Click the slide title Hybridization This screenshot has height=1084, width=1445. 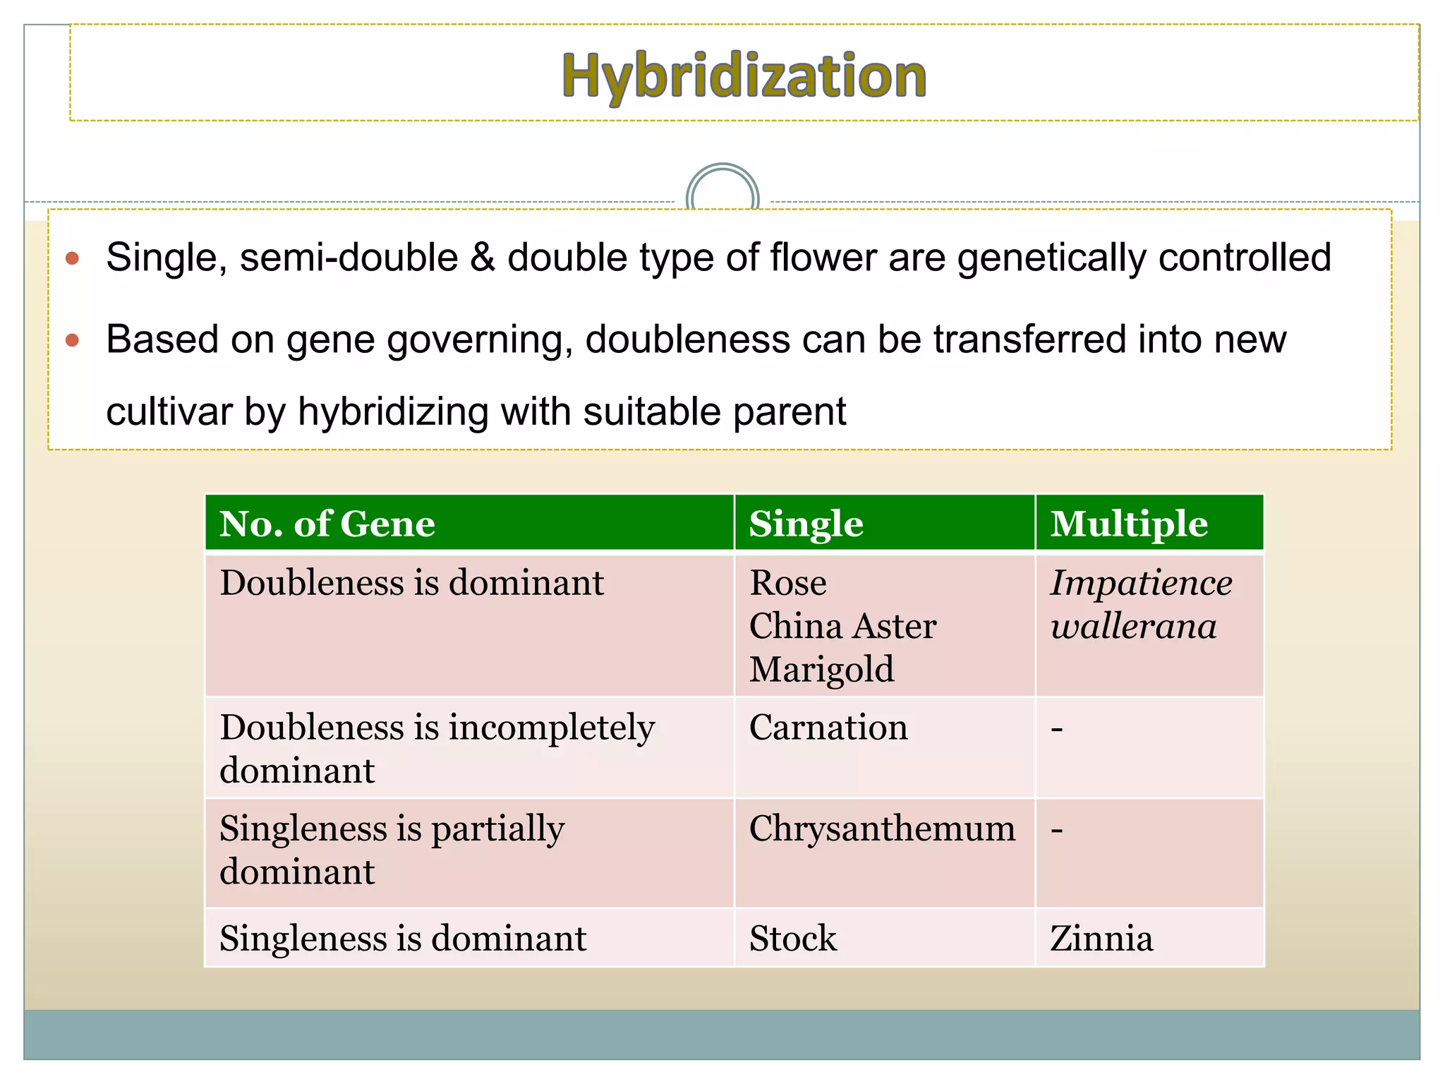point(744,76)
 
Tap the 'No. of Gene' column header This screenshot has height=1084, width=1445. point(327,524)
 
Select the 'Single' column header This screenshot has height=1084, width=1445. point(806,524)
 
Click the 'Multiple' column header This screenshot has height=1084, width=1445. point(1129,524)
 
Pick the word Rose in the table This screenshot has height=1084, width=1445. point(787,584)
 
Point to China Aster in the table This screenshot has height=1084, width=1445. point(842,627)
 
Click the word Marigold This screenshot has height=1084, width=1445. point(821,670)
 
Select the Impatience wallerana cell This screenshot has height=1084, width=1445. point(1140,605)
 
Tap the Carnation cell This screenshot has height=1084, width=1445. point(828,728)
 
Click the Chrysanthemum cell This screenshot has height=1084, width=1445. point(882,829)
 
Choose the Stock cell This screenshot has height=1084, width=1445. point(792,939)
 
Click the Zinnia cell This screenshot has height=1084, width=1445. point(1101,939)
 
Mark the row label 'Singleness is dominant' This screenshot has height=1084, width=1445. point(403,939)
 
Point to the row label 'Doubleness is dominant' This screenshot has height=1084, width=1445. point(411,584)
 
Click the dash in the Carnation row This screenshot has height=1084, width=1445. point(1056,728)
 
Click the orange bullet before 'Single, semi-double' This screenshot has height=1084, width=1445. point(72,258)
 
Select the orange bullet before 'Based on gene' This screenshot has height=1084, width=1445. point(72,341)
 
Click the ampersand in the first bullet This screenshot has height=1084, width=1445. point(483,258)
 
